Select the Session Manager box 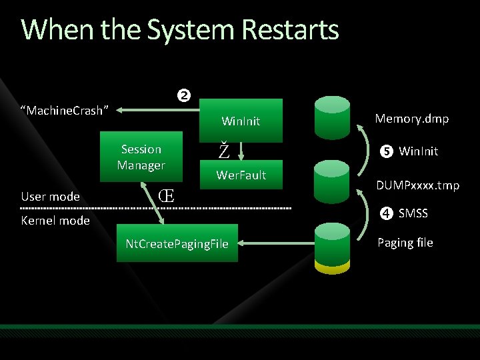pos(141,157)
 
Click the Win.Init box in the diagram pos(241,120)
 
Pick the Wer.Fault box pos(241,175)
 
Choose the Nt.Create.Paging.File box pos(177,244)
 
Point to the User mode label pos(51,196)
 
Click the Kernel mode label pos(55,221)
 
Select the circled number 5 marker pos(386,151)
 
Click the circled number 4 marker pos(386,213)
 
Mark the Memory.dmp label pos(411,119)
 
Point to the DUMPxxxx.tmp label pos(418,185)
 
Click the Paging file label pos(405,242)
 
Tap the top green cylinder pos(333,116)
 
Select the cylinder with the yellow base pos(333,247)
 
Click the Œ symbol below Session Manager pos(167,196)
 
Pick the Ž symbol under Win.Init pos(224,151)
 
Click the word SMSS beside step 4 pos(413,213)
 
